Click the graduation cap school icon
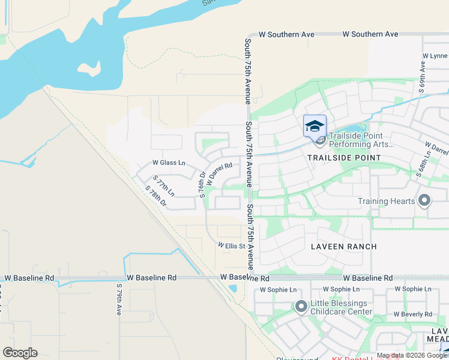coord(315,126)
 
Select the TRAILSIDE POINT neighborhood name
coord(344,157)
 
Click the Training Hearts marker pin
coord(425,201)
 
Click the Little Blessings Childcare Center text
coord(342,308)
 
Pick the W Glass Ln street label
coord(169,163)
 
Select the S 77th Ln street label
coord(163,186)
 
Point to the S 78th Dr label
coord(155,196)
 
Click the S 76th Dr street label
coord(202,184)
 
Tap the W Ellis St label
coord(232,245)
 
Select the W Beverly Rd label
coord(413,314)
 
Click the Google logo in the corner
coord(20,353)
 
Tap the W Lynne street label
coord(435,56)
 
